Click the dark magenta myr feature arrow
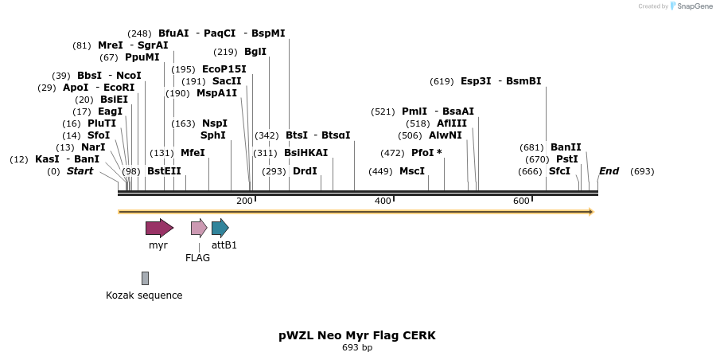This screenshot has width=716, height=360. click(159, 229)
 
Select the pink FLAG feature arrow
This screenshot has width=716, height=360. click(199, 229)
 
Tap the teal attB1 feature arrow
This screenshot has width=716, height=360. click(220, 229)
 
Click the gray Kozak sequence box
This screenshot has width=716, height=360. click(145, 278)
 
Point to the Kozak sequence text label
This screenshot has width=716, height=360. click(144, 295)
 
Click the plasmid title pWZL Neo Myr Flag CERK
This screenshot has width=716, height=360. click(357, 335)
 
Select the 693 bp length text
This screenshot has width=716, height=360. click(357, 348)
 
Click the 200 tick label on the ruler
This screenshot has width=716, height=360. click(244, 201)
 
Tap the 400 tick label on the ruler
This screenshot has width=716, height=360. click(383, 201)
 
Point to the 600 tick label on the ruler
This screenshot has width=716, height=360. click(521, 201)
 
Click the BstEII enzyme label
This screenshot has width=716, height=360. click(164, 171)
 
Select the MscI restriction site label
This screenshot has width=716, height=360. click(411, 171)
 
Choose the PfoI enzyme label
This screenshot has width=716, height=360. click(422, 153)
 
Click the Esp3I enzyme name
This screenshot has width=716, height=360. click(476, 81)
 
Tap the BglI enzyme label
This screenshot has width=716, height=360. click(255, 52)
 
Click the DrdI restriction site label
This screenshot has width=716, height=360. click(305, 171)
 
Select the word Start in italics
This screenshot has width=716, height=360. click(80, 171)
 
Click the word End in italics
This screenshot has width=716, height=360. click(609, 171)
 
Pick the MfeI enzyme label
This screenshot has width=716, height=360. click(193, 153)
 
